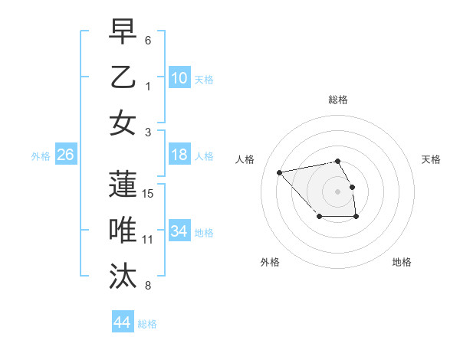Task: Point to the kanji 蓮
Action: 123,185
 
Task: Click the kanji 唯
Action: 123,231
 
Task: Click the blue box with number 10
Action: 179,77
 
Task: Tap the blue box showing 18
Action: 179,155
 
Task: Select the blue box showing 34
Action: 179,231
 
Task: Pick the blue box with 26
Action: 65,155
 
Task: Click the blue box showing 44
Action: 122,322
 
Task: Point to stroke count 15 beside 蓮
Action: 149,193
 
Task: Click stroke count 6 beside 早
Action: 148,40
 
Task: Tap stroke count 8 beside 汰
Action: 148,286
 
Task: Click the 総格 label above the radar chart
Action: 337,100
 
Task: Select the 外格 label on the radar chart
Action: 270,263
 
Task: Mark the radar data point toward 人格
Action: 279,172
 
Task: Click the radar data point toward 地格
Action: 356,218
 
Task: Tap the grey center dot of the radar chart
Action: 337,191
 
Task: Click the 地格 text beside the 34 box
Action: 204,232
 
